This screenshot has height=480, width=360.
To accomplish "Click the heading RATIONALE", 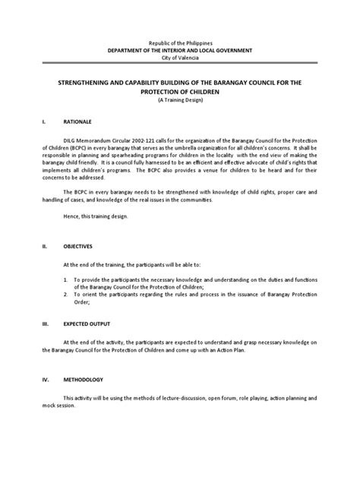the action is pos(77,121).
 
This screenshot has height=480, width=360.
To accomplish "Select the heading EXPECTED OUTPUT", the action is pos(86,322).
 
